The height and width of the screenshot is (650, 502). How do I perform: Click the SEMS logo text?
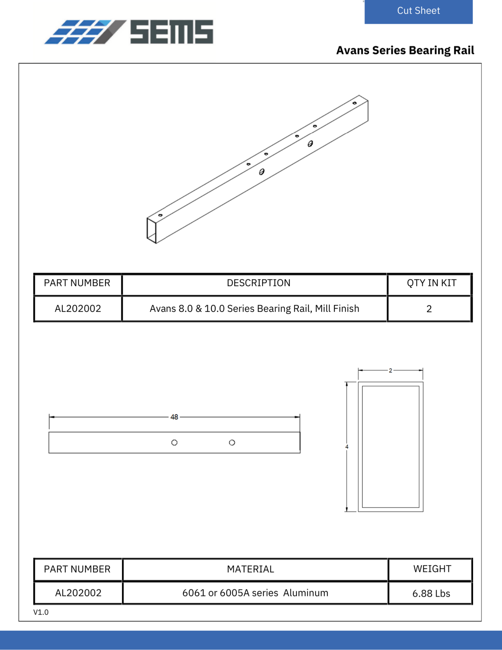point(172,32)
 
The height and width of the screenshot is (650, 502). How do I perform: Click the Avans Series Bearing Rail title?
point(405,50)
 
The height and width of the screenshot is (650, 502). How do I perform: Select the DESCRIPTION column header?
point(258,283)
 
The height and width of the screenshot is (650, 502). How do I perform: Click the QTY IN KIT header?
point(431,283)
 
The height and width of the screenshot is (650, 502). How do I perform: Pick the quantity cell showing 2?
point(429,309)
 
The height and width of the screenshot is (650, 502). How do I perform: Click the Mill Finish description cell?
point(254,309)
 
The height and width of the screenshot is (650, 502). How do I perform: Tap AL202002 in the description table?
point(78,309)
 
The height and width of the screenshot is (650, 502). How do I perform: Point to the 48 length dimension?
point(174,417)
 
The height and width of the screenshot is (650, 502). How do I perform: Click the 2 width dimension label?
point(390,370)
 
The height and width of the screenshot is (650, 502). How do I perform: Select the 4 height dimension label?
point(347,447)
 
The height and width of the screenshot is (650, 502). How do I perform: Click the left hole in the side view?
point(175,443)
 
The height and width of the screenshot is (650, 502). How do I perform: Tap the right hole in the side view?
point(232,443)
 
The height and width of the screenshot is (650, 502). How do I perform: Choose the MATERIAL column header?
point(250,569)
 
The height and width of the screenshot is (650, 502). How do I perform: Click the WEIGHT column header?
point(432,569)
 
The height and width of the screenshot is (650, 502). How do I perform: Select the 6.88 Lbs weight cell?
point(431,594)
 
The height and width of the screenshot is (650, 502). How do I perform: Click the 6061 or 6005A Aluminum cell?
point(255,593)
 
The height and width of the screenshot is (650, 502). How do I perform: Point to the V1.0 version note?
point(41,612)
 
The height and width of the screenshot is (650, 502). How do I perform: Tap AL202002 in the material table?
point(78,593)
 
